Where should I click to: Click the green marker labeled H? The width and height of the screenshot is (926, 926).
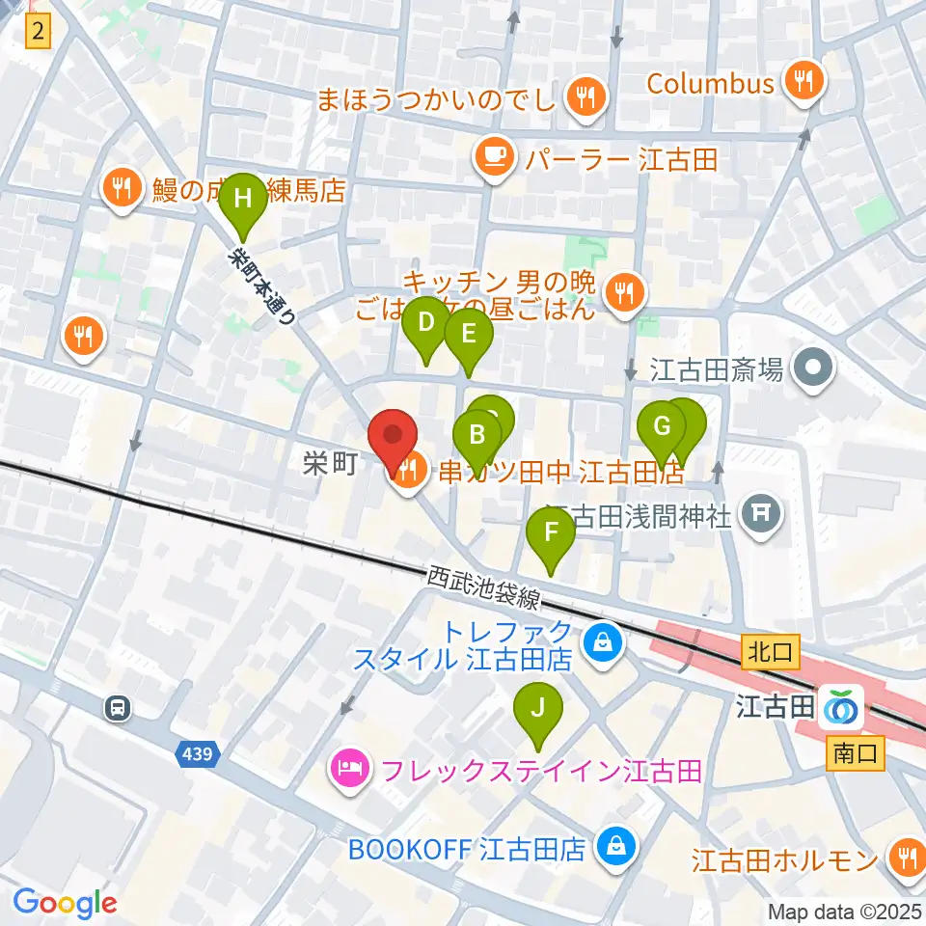pos(243,199)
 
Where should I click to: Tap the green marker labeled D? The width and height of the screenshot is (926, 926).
pos(425,324)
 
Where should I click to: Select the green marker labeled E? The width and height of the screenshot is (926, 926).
pos(469,334)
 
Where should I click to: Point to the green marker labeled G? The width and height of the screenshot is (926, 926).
pos(662,425)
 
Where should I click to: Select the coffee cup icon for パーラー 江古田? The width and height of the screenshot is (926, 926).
pos(496,158)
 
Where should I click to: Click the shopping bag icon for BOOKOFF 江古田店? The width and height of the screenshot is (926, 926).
pos(613,847)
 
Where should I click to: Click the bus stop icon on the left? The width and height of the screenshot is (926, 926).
pos(118,708)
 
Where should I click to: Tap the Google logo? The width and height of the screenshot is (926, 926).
pos(65,902)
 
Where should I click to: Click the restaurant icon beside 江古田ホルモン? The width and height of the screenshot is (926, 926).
pos(905,857)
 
